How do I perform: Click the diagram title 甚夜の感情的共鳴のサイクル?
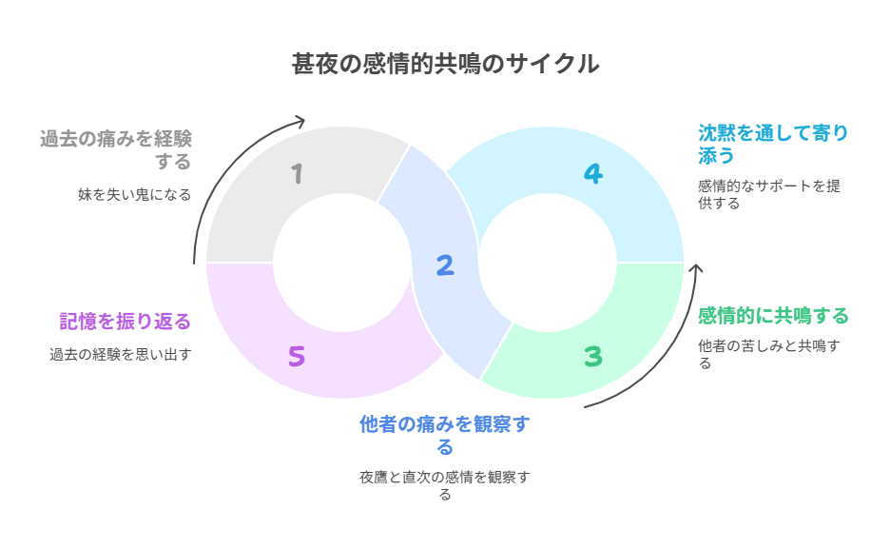(445, 64)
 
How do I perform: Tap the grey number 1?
(298, 174)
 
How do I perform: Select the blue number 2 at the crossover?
(444, 265)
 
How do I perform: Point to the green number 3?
(593, 357)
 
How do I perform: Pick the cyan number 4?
(593, 174)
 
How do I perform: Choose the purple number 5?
(297, 357)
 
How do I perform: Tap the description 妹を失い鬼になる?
(134, 195)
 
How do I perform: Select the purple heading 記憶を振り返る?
(125, 322)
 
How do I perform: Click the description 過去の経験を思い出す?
(121, 355)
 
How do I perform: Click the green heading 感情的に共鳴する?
(772, 315)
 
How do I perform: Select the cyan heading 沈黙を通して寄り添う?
(772, 142)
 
